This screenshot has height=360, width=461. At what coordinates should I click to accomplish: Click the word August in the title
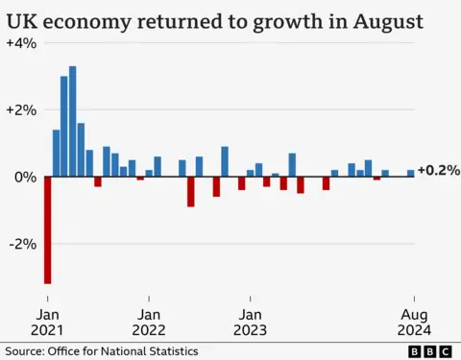click(384, 20)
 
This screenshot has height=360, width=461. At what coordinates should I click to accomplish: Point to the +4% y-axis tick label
click(21, 44)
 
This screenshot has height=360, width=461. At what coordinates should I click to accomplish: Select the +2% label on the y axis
click(21, 110)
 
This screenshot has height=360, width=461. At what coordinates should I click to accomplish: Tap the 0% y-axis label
click(24, 177)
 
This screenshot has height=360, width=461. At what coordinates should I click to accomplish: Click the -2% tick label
click(23, 243)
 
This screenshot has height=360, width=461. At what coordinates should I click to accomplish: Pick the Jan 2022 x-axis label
click(149, 323)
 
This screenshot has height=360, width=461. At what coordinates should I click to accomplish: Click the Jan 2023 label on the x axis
click(250, 323)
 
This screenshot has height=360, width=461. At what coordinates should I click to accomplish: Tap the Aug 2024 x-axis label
click(414, 323)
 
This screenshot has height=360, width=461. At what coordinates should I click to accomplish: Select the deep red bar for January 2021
click(48, 230)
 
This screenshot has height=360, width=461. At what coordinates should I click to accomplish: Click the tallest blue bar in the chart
click(73, 122)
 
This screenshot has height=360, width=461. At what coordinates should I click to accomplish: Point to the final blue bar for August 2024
click(411, 174)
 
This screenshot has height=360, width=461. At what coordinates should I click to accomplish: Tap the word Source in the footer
click(23, 351)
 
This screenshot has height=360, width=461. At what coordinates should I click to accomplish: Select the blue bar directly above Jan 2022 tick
click(149, 174)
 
